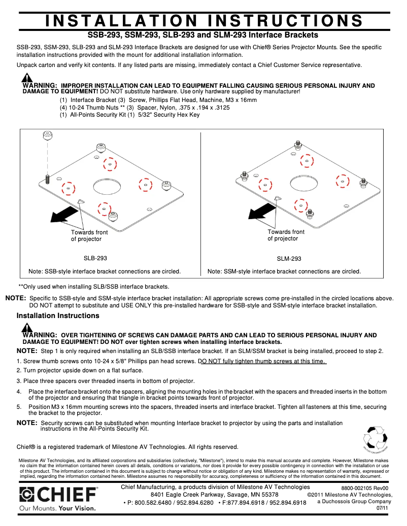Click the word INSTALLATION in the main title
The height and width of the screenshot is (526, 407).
point(121,21)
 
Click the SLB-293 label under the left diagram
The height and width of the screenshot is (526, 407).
point(95,258)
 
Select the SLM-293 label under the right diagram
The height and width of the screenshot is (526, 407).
point(289,259)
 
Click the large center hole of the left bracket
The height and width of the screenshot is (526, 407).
point(107,187)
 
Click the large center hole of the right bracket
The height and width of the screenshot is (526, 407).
point(304,182)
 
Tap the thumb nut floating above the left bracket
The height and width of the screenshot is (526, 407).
point(47,135)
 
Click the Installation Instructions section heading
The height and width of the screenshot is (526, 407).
point(58,316)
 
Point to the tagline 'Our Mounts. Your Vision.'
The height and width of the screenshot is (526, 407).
point(57,508)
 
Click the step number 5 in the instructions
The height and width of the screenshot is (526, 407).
point(18,407)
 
